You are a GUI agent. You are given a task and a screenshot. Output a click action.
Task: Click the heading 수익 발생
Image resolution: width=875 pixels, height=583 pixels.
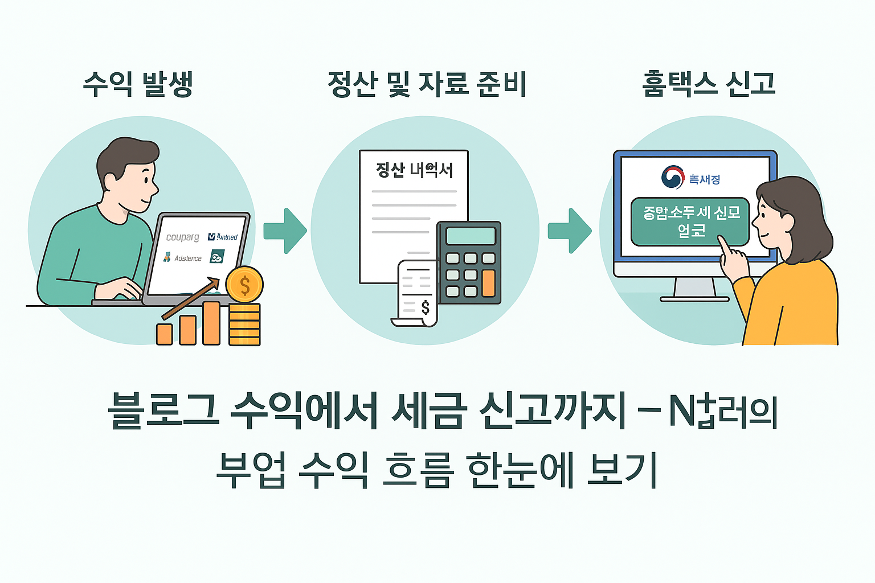coord(138,84)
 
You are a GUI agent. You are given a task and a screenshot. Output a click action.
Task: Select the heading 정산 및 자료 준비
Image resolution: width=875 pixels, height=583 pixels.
coord(427,84)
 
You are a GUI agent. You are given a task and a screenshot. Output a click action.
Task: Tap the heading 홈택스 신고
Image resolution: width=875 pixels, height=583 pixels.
coord(709,84)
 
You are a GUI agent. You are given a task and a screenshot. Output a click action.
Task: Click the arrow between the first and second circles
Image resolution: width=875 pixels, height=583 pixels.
coord(286,231)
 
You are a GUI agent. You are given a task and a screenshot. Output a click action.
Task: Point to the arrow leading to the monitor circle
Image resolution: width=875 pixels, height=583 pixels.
coord(570,231)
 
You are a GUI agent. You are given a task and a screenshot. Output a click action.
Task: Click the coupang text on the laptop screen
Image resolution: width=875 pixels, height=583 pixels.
coord(182,237)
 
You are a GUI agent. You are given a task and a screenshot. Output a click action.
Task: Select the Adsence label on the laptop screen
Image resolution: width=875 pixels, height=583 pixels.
coord(187,258)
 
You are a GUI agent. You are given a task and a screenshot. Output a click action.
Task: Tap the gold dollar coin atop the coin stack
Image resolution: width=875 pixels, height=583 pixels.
coord(244,285)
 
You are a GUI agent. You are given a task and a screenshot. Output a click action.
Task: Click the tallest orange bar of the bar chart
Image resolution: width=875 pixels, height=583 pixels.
coord(211,323)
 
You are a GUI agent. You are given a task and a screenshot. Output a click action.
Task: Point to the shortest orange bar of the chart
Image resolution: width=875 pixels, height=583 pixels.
coord(164,334)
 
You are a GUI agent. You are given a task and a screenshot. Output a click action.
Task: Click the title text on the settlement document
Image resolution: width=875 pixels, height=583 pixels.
coord(414,170)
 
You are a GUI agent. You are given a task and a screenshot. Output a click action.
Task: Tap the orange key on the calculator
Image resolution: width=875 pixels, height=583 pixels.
coord(488,283)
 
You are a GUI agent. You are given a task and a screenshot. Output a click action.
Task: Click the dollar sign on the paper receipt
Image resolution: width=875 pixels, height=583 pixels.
coord(425,308)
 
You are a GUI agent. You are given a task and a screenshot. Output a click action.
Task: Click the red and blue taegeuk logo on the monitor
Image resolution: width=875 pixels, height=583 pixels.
coord(673,177)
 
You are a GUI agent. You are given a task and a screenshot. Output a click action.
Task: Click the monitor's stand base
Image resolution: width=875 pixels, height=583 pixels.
coord(694,298)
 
